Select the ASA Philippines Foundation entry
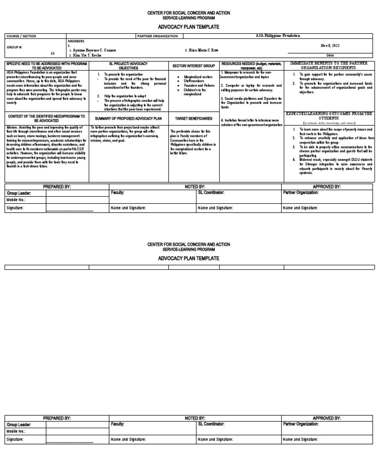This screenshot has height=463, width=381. point(278,36)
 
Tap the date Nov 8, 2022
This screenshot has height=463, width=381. point(330,45)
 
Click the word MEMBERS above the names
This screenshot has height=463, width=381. point(76,41)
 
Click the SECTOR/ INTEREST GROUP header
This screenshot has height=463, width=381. point(193,66)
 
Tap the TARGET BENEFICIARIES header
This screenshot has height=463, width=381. point(193,119)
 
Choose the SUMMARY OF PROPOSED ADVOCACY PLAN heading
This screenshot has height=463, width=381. point(128,119)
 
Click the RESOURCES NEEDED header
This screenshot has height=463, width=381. point(252,66)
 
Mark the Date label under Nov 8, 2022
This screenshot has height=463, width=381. point(330,55)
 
